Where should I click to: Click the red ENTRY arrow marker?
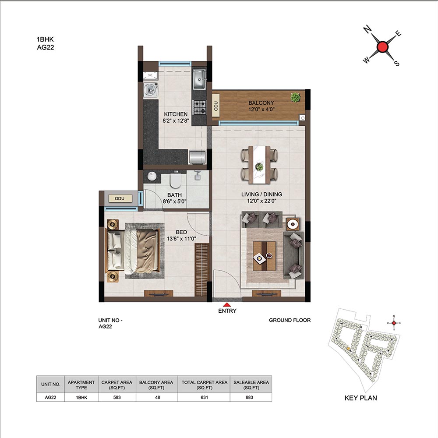227,305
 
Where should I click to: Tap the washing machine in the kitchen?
151,90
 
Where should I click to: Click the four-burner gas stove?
199,107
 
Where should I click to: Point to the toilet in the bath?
176,180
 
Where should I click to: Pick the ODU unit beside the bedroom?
120,198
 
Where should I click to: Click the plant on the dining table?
259,166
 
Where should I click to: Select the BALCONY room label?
261,103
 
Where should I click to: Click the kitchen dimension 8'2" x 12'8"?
176,121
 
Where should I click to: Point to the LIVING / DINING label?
262,194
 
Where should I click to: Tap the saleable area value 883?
249,397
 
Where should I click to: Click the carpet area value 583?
117,397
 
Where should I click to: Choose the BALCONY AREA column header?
156,385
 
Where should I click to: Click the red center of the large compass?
382,47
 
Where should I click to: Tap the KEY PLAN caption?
360,398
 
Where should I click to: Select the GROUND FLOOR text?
290,320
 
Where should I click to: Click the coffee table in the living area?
264,256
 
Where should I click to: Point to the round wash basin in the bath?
152,176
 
